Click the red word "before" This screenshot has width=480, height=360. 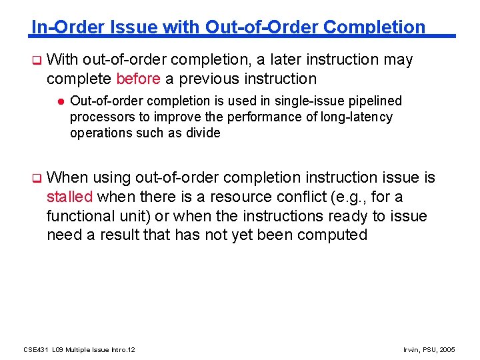[x=138, y=79]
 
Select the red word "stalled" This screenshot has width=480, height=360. [x=71, y=197]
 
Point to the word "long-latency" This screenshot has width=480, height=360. [x=357, y=117]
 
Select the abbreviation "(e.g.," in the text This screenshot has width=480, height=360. [x=369, y=197]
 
